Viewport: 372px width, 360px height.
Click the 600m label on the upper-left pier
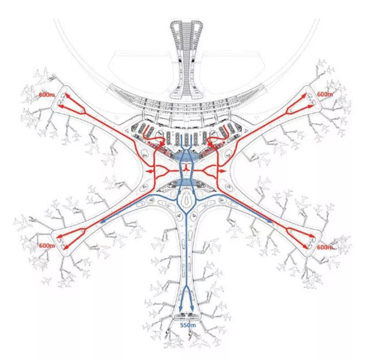tap(47, 94)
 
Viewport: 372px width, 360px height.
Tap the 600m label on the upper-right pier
tap(324, 94)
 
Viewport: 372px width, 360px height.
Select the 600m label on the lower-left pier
tap(47, 246)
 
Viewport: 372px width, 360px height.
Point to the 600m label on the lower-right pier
tap(324, 247)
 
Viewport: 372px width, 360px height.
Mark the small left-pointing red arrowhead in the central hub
tap(153, 172)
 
